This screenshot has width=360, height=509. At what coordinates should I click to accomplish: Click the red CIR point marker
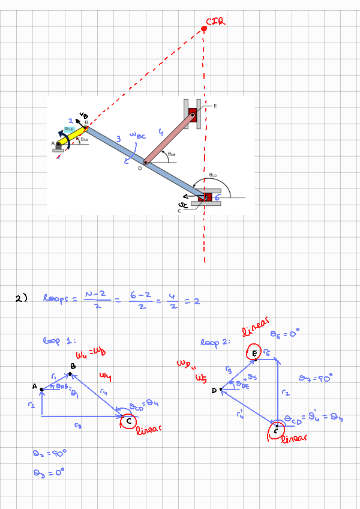coord(204,29)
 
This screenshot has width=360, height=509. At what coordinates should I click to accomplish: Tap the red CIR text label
coord(216,22)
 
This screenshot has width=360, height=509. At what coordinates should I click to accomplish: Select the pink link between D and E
coord(169,137)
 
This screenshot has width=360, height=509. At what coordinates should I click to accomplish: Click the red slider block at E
coord(193,114)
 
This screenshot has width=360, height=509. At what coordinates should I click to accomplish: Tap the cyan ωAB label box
coord(69,129)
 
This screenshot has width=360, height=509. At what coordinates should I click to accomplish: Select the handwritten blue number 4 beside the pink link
coord(161,131)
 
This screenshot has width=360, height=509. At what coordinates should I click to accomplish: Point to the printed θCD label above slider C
coord(212,175)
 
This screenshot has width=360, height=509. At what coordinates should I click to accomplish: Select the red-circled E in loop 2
coord(254,354)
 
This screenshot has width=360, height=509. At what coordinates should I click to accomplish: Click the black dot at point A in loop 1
coord(41,390)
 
